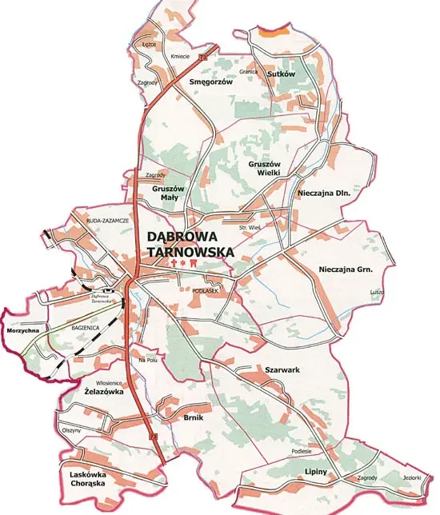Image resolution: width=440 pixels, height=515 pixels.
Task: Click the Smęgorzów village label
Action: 211,82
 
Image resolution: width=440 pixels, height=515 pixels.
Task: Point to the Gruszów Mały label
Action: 169,193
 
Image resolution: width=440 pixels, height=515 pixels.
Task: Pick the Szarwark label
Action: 282,370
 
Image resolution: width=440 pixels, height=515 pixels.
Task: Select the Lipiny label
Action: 316,473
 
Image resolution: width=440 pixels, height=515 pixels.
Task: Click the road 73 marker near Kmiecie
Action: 203,58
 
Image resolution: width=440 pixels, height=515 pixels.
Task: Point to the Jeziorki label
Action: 411,477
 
